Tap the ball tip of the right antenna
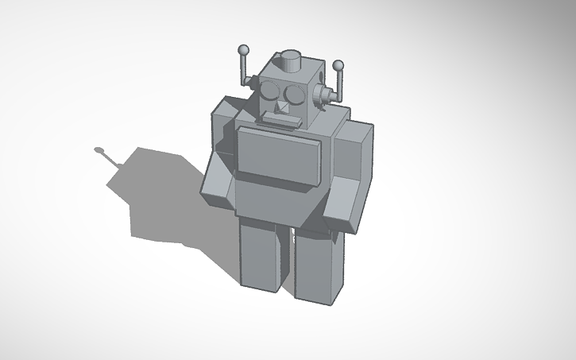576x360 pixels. (x=338, y=65)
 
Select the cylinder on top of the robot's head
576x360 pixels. (x=292, y=60)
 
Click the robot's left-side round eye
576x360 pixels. (x=271, y=90)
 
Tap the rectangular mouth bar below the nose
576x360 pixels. (x=280, y=121)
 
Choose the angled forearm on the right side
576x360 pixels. (x=345, y=204)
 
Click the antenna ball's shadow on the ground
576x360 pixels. (x=99, y=149)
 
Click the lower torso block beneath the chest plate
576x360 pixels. (x=274, y=199)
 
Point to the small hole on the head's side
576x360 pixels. (x=319, y=79)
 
